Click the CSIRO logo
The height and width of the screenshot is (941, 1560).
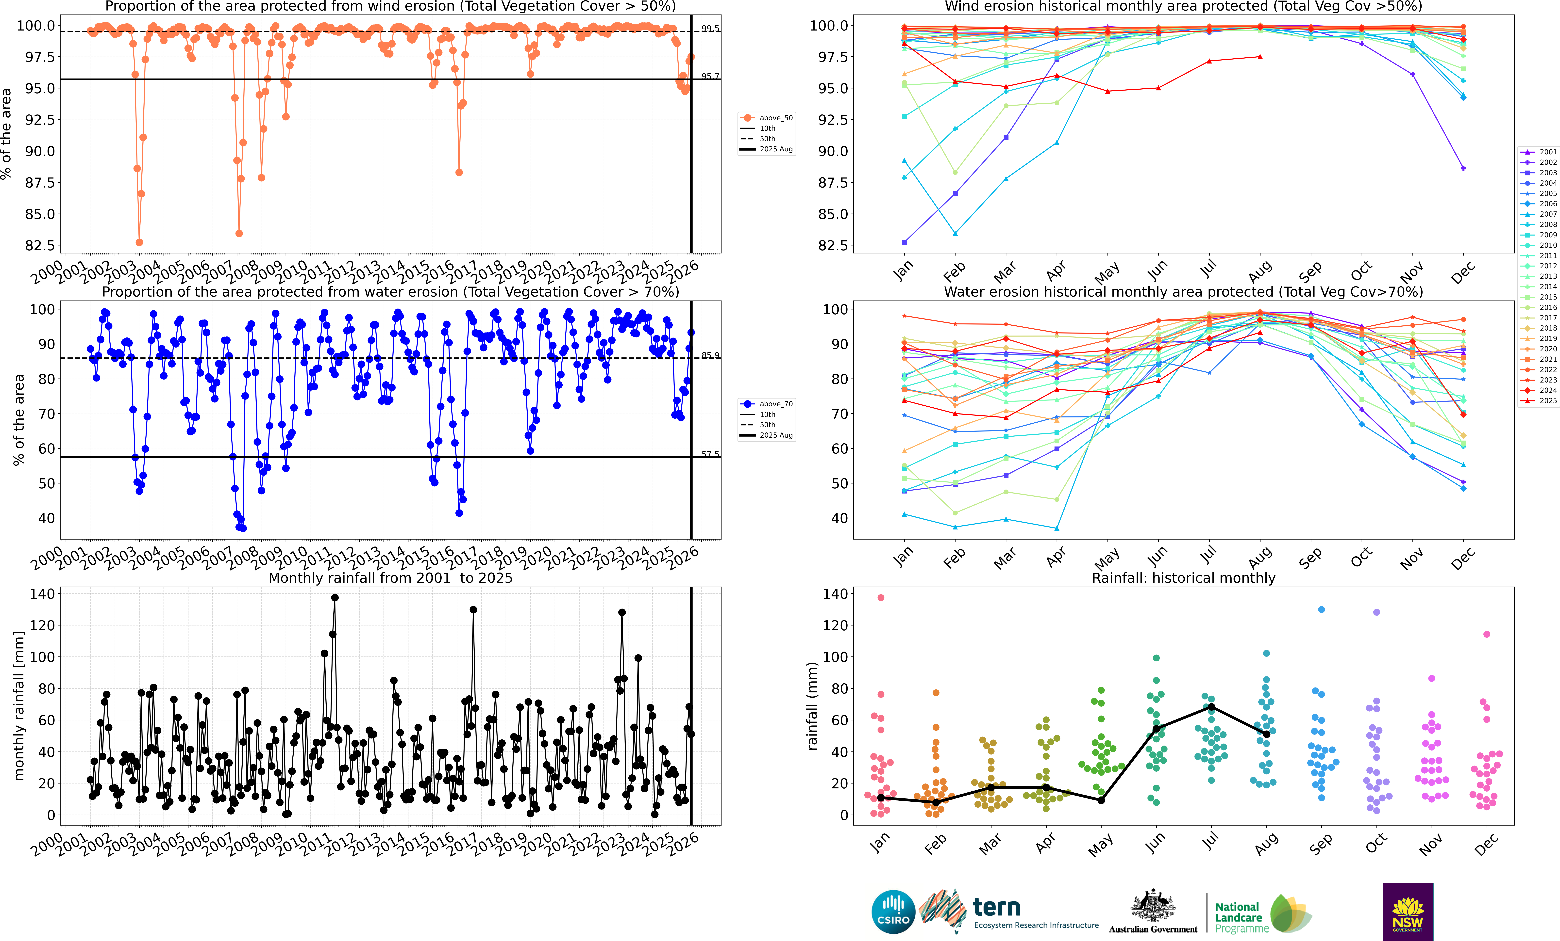[893, 912]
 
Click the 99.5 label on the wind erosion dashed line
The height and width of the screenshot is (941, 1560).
[710, 29]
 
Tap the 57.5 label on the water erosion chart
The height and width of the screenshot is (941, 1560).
[710, 454]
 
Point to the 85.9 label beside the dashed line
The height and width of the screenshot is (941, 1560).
[710, 355]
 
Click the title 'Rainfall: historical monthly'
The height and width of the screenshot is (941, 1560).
[1183, 578]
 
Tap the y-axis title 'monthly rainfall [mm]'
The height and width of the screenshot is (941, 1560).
[19, 706]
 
